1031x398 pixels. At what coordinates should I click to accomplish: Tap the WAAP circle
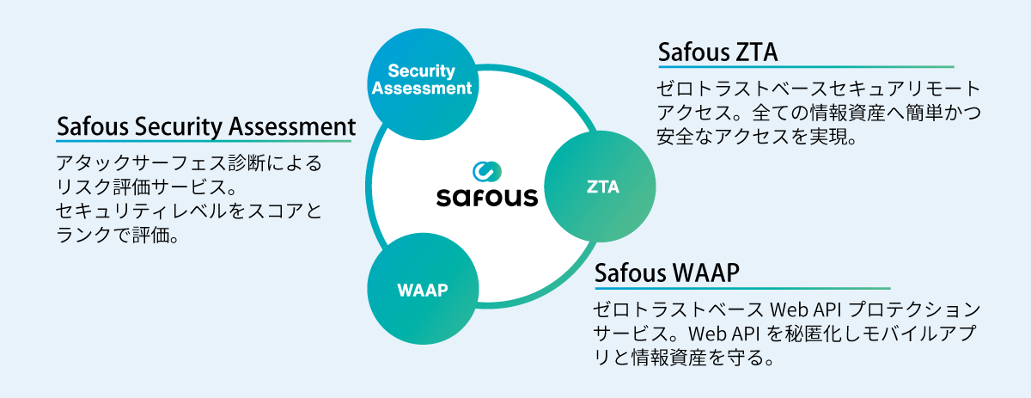423,290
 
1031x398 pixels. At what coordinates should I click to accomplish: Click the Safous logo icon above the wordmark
486,170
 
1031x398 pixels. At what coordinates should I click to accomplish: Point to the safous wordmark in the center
486,197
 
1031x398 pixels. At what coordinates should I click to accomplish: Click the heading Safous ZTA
717,52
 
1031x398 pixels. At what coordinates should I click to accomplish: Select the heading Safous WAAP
667,273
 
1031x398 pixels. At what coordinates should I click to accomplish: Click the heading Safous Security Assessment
205,127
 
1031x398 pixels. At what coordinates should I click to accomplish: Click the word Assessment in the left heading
292,127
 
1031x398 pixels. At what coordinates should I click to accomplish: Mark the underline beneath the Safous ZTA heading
805,67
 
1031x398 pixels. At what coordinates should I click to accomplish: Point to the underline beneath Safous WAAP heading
742,288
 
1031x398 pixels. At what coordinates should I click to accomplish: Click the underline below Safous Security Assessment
205,141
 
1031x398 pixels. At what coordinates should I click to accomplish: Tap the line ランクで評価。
116,235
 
